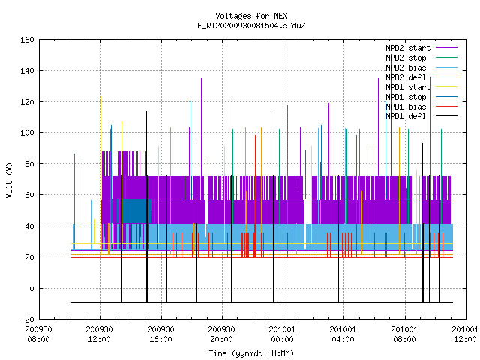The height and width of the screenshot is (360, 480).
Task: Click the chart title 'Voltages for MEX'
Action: point(251,16)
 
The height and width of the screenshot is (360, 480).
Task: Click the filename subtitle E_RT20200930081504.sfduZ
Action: point(251,25)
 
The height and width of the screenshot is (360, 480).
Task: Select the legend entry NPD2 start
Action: point(408,48)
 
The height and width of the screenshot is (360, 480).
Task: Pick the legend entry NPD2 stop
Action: point(406,58)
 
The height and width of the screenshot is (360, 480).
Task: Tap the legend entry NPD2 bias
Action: point(406,67)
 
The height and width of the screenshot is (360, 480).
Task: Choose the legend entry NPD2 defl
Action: point(406,77)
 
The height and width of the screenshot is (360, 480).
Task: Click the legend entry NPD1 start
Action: point(408,87)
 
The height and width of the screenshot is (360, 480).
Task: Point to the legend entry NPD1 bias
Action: point(406,106)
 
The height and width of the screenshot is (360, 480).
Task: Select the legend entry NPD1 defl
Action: point(406,116)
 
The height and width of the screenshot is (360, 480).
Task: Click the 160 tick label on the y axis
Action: point(27,40)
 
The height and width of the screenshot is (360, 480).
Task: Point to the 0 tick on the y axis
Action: point(31,288)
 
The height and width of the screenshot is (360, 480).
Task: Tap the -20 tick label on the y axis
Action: point(27,319)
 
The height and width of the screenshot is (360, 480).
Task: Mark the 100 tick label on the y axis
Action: point(27,133)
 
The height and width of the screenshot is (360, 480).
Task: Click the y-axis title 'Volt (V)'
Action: point(9,180)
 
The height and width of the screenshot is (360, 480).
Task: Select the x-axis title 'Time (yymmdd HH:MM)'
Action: point(251,353)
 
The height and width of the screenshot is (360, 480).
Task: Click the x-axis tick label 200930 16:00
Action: point(160,334)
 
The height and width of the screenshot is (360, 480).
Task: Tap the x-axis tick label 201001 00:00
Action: point(282,334)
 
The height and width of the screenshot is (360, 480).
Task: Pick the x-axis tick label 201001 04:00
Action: point(343,334)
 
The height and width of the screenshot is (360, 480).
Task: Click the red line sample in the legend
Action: point(446,106)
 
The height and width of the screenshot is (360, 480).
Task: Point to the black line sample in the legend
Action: point(446,116)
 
